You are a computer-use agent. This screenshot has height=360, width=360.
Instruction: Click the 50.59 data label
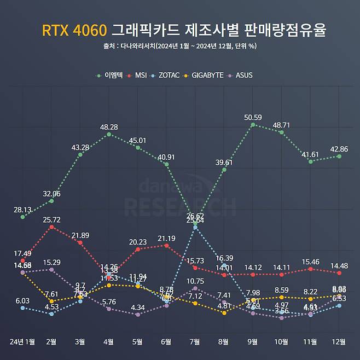[252, 117]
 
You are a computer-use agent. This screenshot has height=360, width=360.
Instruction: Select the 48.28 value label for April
[108, 127]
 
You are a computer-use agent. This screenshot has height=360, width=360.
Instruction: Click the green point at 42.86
[339, 156]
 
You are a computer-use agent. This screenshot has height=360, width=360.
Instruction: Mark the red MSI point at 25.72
[51, 227]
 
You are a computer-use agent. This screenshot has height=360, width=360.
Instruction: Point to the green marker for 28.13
[22, 217]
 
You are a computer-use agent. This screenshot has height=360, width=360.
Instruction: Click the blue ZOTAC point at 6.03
[22, 307]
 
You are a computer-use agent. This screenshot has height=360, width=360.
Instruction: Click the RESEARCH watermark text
[180, 206]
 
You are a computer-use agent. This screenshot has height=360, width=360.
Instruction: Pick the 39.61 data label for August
[224, 162]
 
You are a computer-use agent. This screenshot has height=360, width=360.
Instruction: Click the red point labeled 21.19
[166, 245]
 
